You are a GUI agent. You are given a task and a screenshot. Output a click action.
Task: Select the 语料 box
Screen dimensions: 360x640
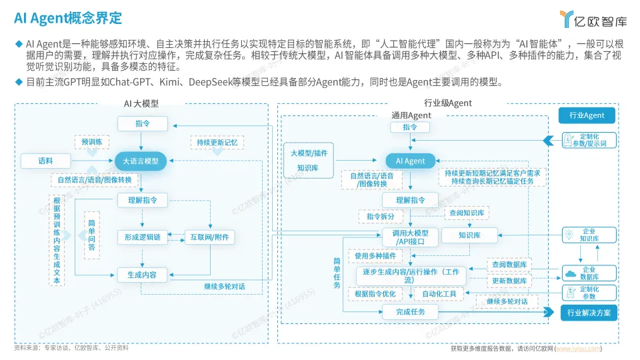(x=45, y=161)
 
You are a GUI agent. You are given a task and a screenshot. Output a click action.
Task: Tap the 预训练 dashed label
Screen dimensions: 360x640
(x=92, y=142)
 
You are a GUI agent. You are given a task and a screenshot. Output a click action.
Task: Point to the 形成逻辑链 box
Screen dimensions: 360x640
(x=142, y=237)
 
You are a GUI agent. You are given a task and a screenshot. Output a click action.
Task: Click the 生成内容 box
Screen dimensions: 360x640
(x=142, y=274)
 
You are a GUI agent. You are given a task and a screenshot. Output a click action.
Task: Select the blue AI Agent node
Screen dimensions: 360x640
(x=410, y=161)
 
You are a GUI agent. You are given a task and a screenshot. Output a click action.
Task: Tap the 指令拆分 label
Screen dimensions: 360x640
(x=381, y=217)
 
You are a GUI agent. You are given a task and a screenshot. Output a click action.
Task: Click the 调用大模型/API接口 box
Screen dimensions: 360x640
(x=410, y=237)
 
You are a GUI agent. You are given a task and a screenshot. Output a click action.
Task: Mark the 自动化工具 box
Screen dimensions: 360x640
(x=439, y=293)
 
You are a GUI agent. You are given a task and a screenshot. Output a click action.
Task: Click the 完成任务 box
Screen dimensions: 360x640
(x=411, y=311)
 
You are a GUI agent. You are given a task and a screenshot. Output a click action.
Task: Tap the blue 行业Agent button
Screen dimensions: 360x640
(x=587, y=115)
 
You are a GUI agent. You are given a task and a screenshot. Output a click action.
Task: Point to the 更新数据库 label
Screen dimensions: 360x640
(x=510, y=281)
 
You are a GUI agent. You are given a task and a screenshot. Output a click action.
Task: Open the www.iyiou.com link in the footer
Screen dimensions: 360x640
(x=579, y=349)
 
